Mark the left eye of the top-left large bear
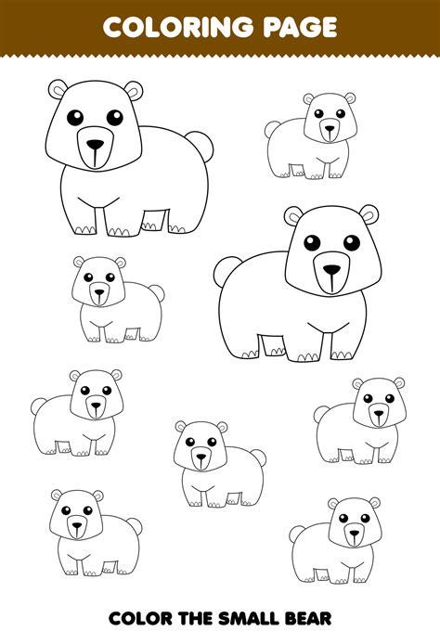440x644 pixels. [74, 117]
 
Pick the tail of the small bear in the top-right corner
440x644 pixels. [272, 129]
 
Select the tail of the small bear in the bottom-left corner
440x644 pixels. [133, 525]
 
